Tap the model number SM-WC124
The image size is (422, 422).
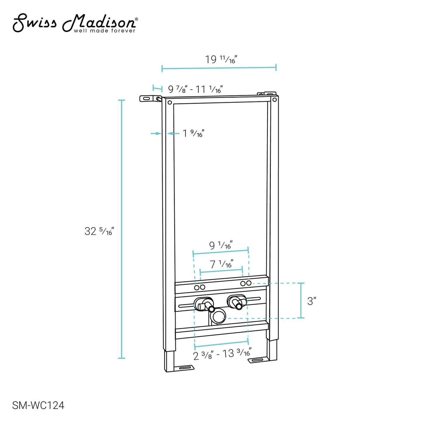pos(38,405)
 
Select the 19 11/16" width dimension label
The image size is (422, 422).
pos(220,60)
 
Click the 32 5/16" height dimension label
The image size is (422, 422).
pos(99,231)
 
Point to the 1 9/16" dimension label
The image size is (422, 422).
pos(193,133)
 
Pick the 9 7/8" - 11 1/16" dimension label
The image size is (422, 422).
pos(195,89)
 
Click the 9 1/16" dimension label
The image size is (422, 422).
pos(221,245)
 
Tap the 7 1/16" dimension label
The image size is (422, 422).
pos(221,264)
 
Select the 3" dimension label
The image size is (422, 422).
pos(312,301)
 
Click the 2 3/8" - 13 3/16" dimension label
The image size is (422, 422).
pos(222,354)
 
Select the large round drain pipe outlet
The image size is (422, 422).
pos(218,317)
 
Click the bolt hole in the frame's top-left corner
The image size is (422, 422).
pos(170,103)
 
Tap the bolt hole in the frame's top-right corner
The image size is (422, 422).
pos(274,100)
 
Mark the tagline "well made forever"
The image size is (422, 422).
pos(105,31)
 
